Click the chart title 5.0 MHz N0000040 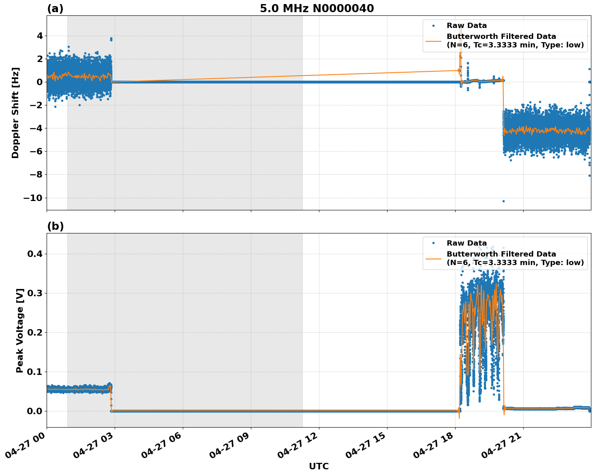coord(317,9)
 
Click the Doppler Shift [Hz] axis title coord(15,113)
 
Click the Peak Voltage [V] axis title coord(20,330)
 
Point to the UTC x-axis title coord(319,466)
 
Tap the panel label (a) coord(55,9)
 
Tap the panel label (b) coord(55,226)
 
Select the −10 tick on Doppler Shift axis coord(32,198)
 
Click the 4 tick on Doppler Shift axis coord(39,36)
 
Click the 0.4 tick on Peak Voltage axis coord(34,254)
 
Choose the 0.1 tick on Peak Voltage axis coord(34,372)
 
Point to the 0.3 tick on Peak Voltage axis coord(34,293)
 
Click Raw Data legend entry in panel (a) coord(467,26)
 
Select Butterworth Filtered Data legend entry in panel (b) coord(515,258)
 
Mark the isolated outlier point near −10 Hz coord(503,201)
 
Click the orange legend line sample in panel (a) coord(433,41)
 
